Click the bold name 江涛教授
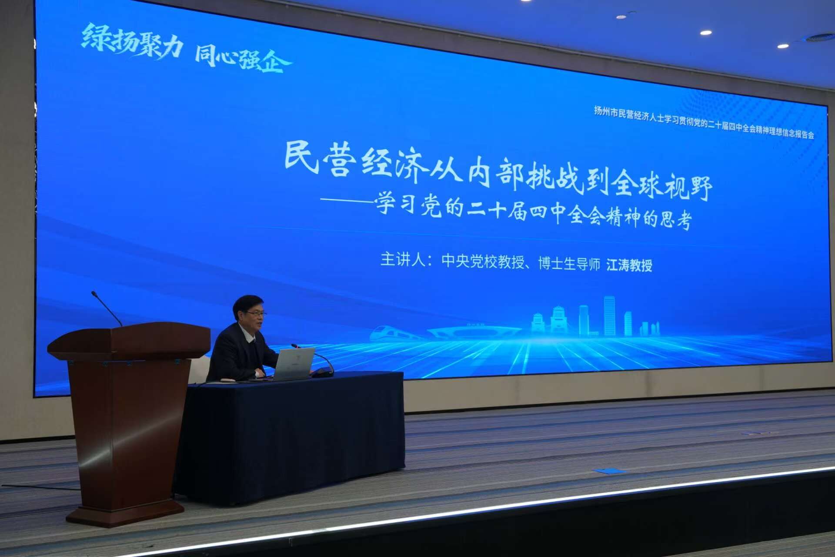(629, 265)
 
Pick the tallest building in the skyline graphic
(609, 316)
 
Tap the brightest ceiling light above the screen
(706, 33)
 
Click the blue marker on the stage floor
(611, 471)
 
